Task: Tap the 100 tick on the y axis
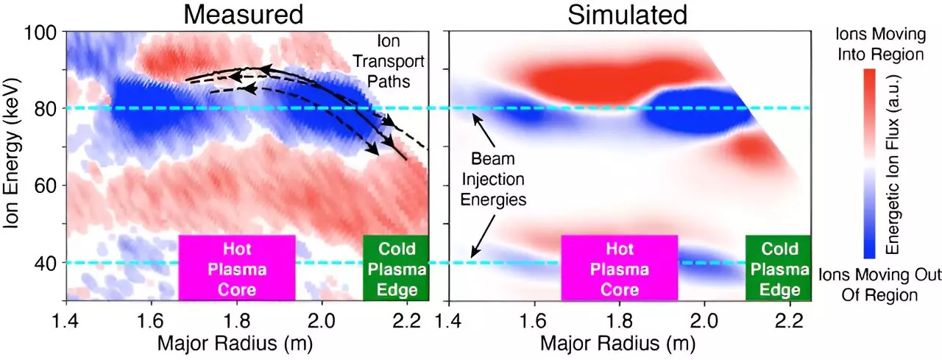[x=45, y=32]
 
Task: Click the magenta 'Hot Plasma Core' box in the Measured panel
[x=237, y=268]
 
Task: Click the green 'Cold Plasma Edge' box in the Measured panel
[x=395, y=268]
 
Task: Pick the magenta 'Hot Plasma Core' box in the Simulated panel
[x=619, y=268]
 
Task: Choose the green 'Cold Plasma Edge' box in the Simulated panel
[x=777, y=268]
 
